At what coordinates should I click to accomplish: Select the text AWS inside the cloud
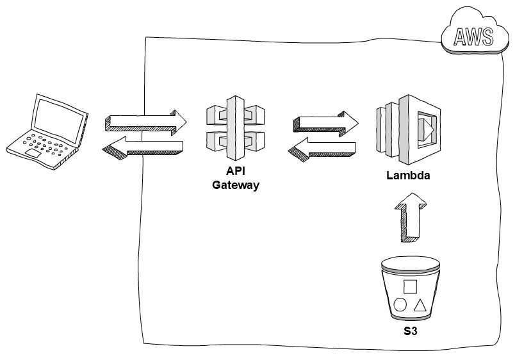(474, 38)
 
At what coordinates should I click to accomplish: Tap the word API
(236, 172)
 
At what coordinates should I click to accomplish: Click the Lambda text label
(407, 176)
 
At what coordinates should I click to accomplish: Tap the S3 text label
(410, 333)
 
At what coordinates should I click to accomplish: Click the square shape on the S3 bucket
(411, 286)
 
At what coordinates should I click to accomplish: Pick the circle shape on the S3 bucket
(400, 304)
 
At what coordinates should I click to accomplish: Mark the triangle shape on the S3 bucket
(420, 304)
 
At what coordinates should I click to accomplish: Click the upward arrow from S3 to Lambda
(409, 219)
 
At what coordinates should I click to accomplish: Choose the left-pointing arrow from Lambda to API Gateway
(322, 148)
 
